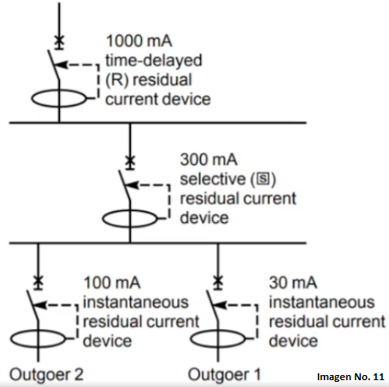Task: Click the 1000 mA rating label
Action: [139, 41]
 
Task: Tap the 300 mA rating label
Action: [209, 159]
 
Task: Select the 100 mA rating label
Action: [112, 283]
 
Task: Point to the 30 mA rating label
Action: [293, 283]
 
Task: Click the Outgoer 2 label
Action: [46, 374]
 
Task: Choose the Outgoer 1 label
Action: [225, 374]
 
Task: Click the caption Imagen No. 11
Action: [351, 377]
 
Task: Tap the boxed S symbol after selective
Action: [263, 179]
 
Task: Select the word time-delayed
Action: [154, 61]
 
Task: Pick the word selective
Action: [213, 179]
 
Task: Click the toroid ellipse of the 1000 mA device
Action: [32, 99]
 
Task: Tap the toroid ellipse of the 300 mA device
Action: [103, 219]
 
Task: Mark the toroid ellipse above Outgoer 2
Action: [11, 339]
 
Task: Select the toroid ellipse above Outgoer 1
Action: [191, 339]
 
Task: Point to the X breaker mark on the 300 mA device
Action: [130, 161]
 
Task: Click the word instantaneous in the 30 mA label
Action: [321, 302]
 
